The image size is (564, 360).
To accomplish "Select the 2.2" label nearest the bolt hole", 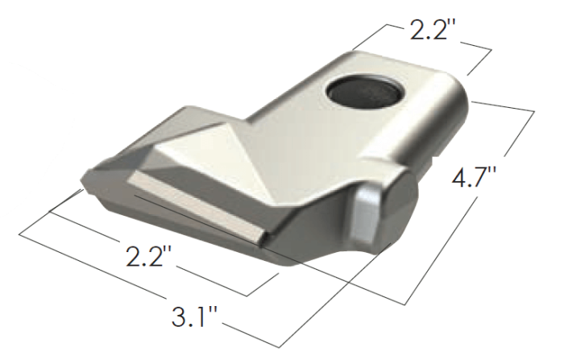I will coord(433,31).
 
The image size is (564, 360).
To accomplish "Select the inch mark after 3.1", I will coord(213,304).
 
